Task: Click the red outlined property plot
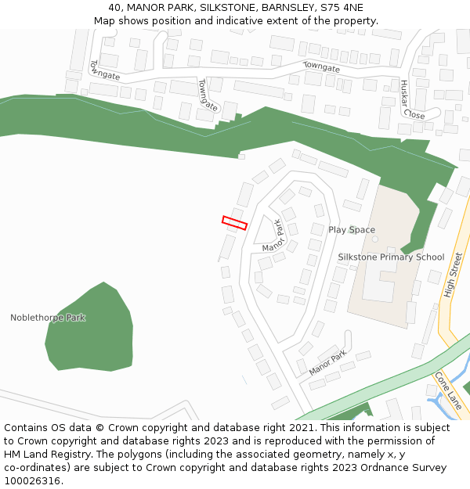point(234,223)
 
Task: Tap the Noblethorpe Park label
point(48,318)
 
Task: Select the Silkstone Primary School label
point(391,257)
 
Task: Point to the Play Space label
point(352,229)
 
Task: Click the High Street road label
point(454,275)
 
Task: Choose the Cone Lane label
point(448,390)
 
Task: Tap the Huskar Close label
point(411,99)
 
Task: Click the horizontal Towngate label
point(321,67)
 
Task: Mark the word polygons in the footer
point(123,455)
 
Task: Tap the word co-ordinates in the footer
point(35,468)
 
